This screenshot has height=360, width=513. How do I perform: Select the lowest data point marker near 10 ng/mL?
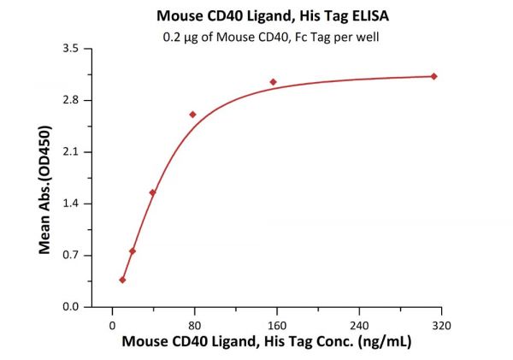tap(122, 280)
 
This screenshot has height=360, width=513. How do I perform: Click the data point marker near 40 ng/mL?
tap(152, 192)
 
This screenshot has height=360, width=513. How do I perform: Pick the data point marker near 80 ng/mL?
tap(193, 115)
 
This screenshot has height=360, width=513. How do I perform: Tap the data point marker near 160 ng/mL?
tap(274, 82)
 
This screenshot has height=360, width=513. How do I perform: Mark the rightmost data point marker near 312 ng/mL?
tap(434, 76)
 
